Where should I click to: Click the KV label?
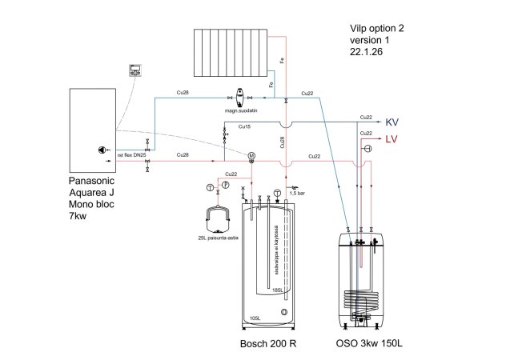(392, 122)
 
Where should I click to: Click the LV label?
(392, 141)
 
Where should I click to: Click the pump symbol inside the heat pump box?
(102, 149)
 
